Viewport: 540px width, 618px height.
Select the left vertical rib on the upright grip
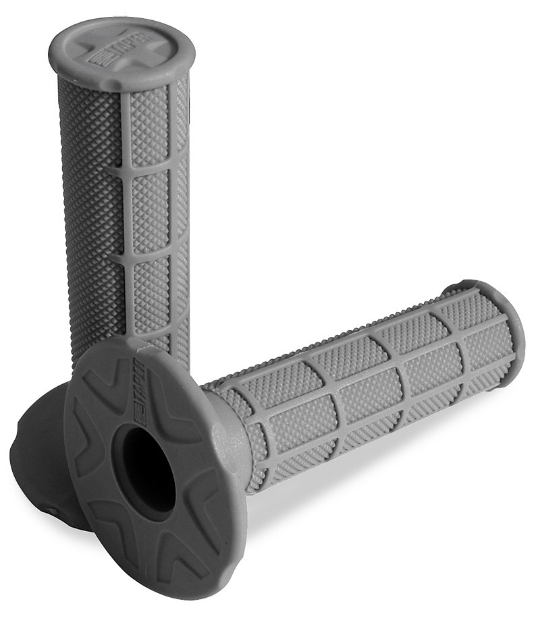pos(126,202)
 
